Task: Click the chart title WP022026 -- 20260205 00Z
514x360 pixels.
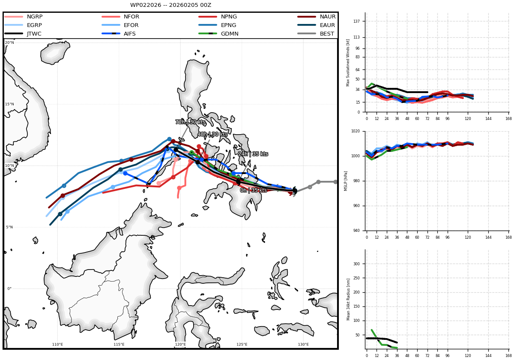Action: pyautogui.click(x=170, y=5)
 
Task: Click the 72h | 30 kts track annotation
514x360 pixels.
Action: pyautogui.click(x=190, y=122)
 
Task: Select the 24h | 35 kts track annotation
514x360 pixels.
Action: pyautogui.click(x=253, y=153)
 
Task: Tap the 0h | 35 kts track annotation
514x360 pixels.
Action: pyautogui.click(x=253, y=190)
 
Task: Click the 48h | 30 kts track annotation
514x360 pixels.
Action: pyautogui.click(x=212, y=134)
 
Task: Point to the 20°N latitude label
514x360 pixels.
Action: pyautogui.click(x=9, y=42)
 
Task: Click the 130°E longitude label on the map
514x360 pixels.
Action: pyautogui.click(x=303, y=345)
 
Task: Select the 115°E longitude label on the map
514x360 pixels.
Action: pyautogui.click(x=119, y=345)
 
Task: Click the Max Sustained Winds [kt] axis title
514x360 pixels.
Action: pyautogui.click(x=348, y=63)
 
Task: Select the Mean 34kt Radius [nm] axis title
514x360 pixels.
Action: pyautogui.click(x=348, y=299)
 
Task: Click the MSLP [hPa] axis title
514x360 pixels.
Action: pyautogui.click(x=345, y=181)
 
